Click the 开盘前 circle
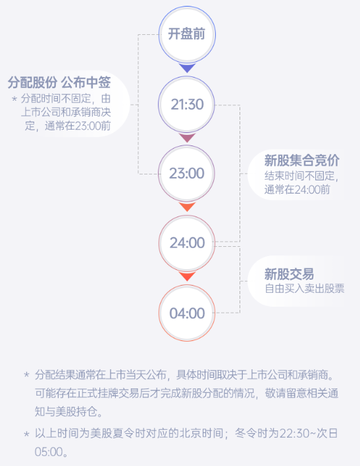pyautogui.click(x=187, y=34)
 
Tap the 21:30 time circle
pyautogui.click(x=187, y=104)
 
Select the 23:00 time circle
pyautogui.click(x=187, y=174)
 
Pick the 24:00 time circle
pyautogui.click(x=187, y=243)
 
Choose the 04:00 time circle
pyautogui.click(x=187, y=313)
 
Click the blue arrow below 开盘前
pyautogui.click(x=187, y=68)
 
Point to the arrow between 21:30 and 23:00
pyautogui.click(x=187, y=138)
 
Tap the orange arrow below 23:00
pyautogui.click(x=187, y=207)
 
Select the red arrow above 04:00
pyautogui.click(x=187, y=276)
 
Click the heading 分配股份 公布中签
pyautogui.click(x=59, y=82)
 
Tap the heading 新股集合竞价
pyautogui.click(x=301, y=161)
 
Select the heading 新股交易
pyautogui.click(x=289, y=274)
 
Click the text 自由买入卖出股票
pyautogui.click(x=305, y=288)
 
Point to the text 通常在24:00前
pyautogui.click(x=297, y=190)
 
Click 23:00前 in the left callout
pyautogui.click(x=92, y=126)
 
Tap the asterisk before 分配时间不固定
pyautogui.click(x=14, y=99)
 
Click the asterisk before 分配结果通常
pyautogui.click(x=26, y=374)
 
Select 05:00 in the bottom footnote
pyautogui.click(x=49, y=452)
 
